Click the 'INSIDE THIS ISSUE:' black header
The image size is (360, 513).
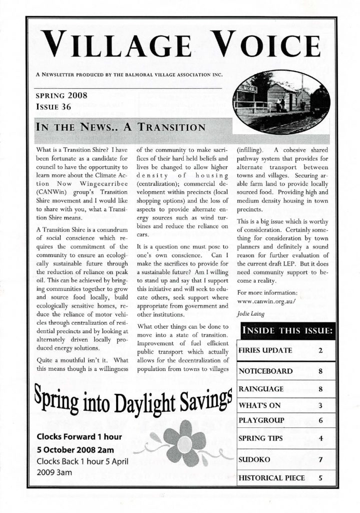pos(287,330)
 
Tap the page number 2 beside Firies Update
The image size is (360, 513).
pos(319,350)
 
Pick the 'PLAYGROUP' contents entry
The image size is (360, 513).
pos(261,420)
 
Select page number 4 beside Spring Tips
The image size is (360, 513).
pos(320,438)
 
